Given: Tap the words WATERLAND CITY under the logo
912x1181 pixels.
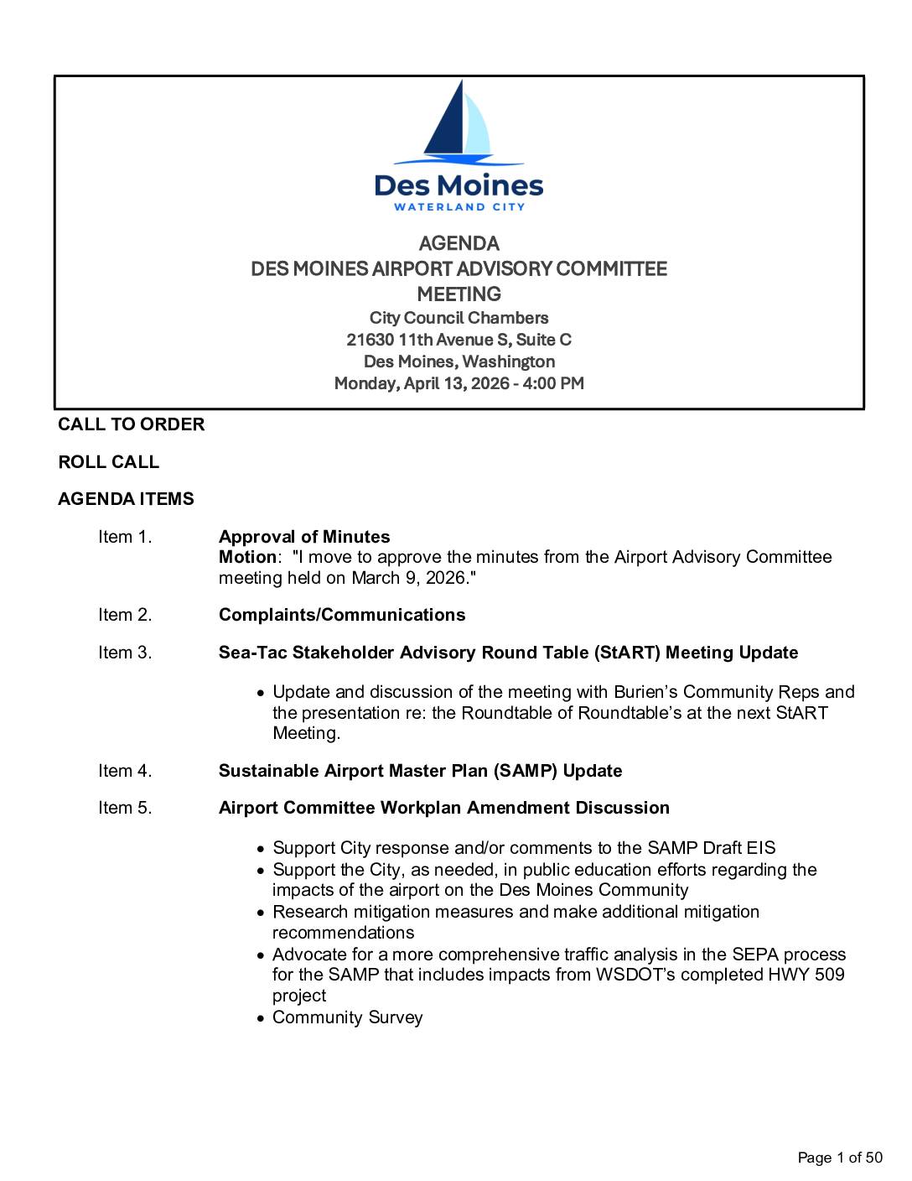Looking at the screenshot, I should pyautogui.click(x=459, y=206).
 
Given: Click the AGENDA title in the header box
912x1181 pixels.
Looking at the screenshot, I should pyautogui.click(x=459, y=244).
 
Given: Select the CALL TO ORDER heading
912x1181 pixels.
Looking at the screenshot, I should pyautogui.click(x=131, y=424).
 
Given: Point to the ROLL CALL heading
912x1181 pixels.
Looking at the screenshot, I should pyautogui.click(x=108, y=462).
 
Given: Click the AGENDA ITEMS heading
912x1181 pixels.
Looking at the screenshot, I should pyautogui.click(x=126, y=499).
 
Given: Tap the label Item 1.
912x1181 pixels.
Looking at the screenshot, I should pyautogui.click(x=125, y=537).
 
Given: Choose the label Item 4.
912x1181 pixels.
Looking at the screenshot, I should pyautogui.click(x=125, y=771).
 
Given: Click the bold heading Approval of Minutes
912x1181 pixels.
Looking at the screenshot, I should pyautogui.click(x=304, y=537).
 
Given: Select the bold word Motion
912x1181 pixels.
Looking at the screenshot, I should pyautogui.click(x=246, y=557).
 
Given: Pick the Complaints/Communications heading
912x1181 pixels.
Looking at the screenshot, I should pyautogui.click(x=342, y=615).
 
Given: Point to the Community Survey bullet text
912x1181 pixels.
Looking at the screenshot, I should pyautogui.click(x=347, y=1017).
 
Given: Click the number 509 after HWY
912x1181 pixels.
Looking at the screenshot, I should pyautogui.click(x=829, y=975).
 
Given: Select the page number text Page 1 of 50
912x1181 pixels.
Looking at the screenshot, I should pyautogui.click(x=840, y=1158).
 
